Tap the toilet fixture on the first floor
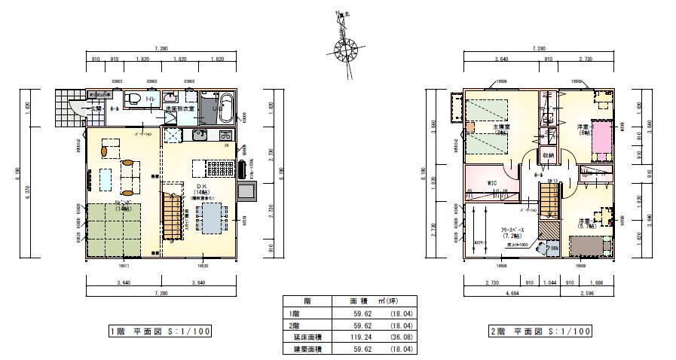[x=133, y=99]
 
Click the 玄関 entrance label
[x=96, y=108]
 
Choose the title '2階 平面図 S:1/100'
[x=540, y=331]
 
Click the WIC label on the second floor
[x=491, y=182]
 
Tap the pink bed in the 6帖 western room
[x=602, y=139]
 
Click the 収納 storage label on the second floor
[x=549, y=155]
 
